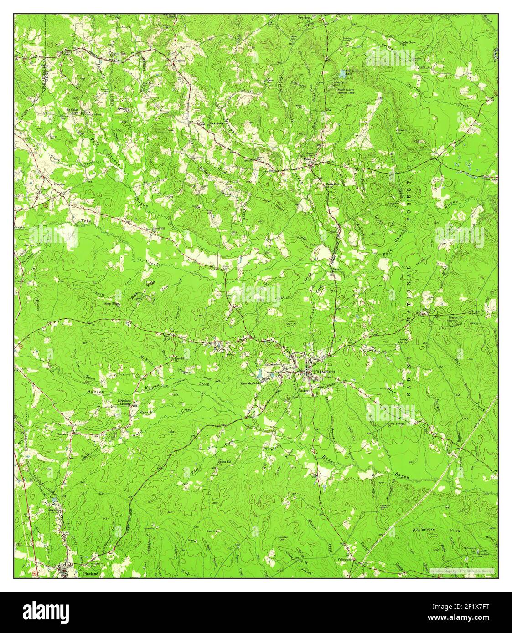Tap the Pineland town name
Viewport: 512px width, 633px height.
(91, 574)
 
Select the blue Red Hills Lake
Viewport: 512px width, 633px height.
(342, 73)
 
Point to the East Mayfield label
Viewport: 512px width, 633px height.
(250, 383)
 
